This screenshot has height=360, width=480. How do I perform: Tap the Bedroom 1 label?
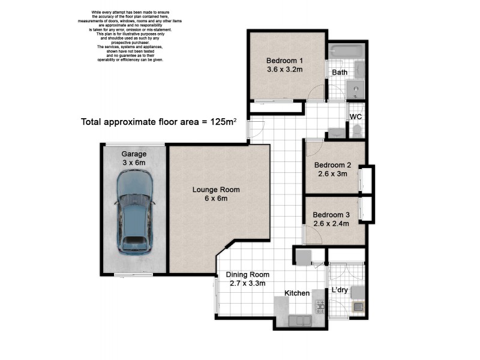tap(284, 61)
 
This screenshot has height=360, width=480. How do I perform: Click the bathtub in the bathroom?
tap(346, 53)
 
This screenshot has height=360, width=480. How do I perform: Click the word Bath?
tap(340, 73)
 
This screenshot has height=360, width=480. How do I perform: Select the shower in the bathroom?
tap(356, 91)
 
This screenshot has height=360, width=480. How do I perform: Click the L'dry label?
tap(340, 290)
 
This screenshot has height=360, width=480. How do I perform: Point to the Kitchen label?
tap(297, 293)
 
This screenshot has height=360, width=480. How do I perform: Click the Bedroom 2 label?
tap(332, 166)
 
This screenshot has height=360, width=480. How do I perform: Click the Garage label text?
tap(134, 154)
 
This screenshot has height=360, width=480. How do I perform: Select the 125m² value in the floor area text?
tap(223, 122)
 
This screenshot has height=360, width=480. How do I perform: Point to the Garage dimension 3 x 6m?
tap(134, 163)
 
